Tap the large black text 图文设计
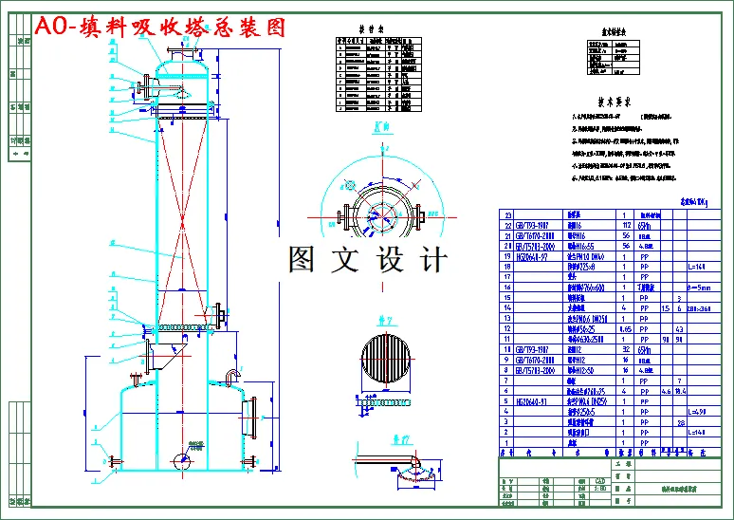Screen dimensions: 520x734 tap(368, 258)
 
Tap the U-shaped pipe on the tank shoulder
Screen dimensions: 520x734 tap(230, 376)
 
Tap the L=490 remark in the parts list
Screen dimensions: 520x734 tap(694, 410)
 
